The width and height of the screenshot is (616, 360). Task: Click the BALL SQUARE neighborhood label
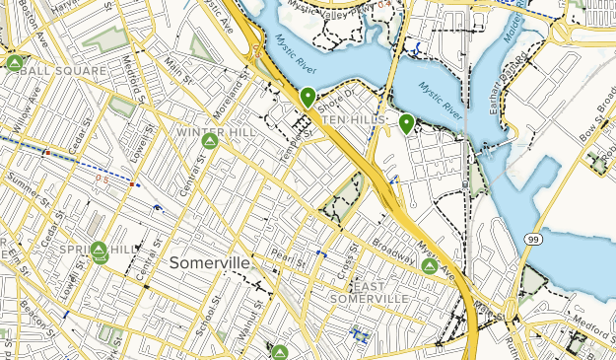(x=62, y=72)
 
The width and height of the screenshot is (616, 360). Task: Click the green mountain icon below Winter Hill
(x=210, y=142)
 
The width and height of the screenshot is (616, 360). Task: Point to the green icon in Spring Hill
(x=99, y=252)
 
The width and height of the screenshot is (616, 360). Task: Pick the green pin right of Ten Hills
(x=406, y=122)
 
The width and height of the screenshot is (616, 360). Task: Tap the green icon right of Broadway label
(x=429, y=266)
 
